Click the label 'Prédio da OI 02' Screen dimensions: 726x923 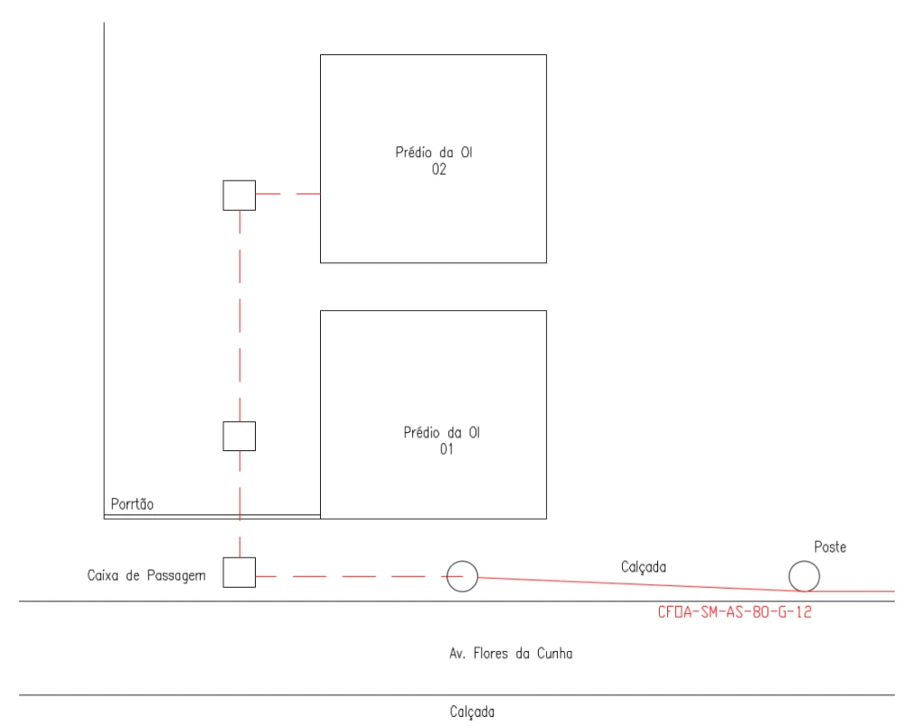click(x=434, y=161)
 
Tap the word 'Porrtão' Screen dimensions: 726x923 click(x=132, y=504)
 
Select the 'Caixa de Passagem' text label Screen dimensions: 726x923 click(x=146, y=574)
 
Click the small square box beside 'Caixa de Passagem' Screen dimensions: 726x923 click(x=239, y=573)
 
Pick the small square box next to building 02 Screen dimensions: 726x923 click(x=239, y=195)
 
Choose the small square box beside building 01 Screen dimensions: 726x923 click(x=239, y=436)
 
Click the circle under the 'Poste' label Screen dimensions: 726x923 click(x=803, y=575)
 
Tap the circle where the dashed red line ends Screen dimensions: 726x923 click(x=462, y=575)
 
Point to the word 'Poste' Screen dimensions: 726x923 click(x=830, y=547)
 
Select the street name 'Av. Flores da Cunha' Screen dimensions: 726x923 click(x=510, y=654)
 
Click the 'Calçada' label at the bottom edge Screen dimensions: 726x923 click(x=472, y=712)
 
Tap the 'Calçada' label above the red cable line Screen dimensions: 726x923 click(x=644, y=566)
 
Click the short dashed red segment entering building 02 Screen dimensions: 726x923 click(x=288, y=194)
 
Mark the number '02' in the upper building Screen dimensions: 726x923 click(x=439, y=170)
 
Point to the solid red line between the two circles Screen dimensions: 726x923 click(x=631, y=584)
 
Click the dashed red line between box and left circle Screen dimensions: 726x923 click(x=352, y=575)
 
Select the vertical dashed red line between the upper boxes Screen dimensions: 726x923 click(x=239, y=316)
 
